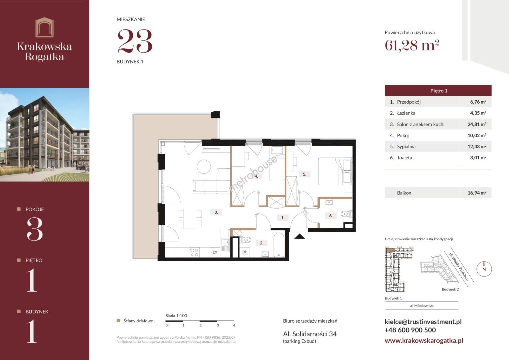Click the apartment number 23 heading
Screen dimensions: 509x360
[135, 41]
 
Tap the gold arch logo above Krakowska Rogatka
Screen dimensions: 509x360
[45, 27]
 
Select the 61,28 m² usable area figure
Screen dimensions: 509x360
[412, 45]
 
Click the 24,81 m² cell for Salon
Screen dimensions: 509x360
[477, 124]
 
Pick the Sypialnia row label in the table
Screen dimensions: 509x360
[406, 147]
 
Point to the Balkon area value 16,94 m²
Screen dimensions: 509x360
[477, 193]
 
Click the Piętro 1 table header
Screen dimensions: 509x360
[439, 91]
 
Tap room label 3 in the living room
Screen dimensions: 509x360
[216, 212]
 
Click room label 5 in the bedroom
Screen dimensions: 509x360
[304, 174]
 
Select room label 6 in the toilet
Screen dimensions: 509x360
[331, 216]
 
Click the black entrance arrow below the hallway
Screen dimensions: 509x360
[299, 236]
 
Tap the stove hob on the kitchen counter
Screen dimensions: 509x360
[194, 252]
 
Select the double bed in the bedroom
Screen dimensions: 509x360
[335, 171]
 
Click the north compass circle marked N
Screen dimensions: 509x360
[484, 269]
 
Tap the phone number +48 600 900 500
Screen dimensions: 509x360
[410, 330]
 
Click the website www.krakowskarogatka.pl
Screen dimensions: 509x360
[424, 340]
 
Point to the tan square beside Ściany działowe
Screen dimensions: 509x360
[118, 321]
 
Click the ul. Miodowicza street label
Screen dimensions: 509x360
[422, 306]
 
